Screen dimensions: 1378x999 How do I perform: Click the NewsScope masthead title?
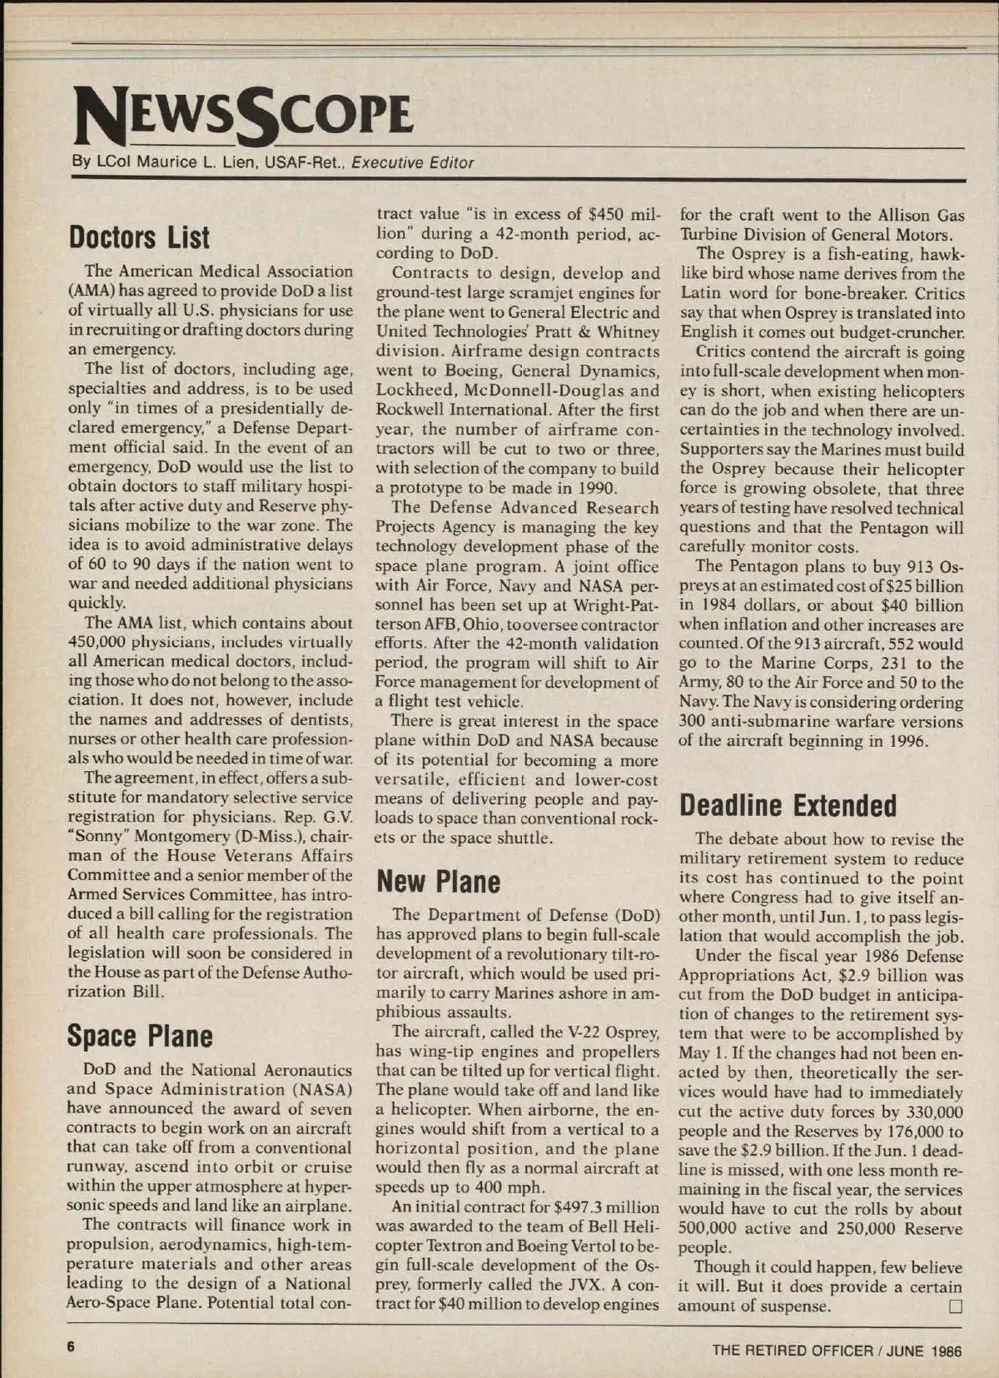[243, 115]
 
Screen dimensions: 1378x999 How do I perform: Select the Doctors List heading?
[139, 237]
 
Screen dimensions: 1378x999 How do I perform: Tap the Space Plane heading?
[139, 1036]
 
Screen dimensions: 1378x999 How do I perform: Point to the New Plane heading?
[438, 882]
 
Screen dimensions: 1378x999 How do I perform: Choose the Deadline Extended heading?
[788, 805]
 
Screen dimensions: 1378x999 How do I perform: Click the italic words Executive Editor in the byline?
[413, 163]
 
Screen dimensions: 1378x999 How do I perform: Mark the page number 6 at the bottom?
[72, 1348]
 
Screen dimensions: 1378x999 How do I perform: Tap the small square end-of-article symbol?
[955, 1306]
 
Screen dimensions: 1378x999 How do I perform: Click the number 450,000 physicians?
[100, 642]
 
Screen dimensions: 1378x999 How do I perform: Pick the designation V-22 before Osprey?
[583, 1032]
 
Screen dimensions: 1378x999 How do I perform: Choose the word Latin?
[703, 293]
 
